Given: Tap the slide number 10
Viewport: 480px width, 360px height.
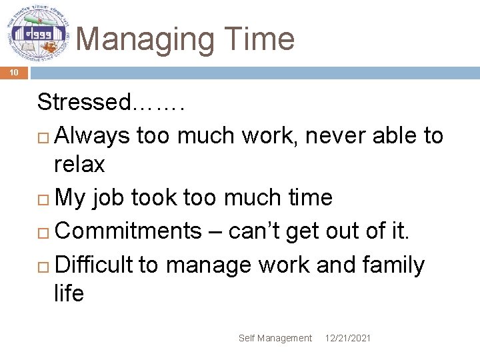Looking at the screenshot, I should (14, 73).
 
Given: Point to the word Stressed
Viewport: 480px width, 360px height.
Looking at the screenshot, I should (84, 102).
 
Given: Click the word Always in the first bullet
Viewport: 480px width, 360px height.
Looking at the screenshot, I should (92, 135).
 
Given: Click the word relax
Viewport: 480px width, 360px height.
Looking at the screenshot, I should (79, 164).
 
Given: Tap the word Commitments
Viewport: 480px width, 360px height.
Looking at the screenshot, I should (127, 231).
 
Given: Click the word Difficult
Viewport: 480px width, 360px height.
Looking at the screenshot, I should (94, 265).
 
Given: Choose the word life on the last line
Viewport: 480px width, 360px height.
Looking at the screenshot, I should (69, 293).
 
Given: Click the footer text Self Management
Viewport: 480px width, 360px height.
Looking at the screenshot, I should (275, 339).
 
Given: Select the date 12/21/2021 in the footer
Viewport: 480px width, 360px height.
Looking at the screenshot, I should (348, 339).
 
